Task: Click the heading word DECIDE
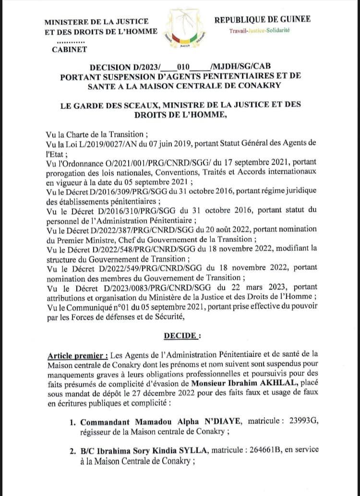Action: (180, 335)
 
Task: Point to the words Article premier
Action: (78, 355)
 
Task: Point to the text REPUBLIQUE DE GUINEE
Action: (262, 19)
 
